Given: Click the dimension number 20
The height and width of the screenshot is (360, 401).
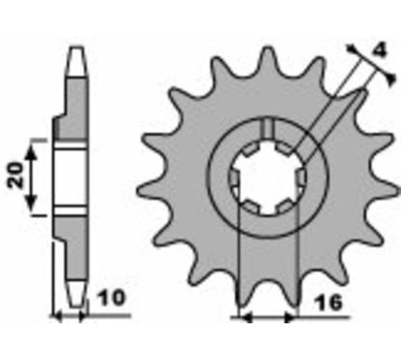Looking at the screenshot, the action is tap(17, 175).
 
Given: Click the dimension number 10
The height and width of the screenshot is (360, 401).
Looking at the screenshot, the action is tap(111, 298).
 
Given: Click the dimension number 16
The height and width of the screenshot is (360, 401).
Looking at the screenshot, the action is tap(328, 303).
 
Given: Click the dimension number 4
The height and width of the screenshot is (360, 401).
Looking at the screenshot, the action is tap(380, 50).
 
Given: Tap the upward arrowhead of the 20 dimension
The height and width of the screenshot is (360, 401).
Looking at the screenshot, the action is tap(31, 152).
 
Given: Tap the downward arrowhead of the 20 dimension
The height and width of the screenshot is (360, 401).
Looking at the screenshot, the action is tap(31, 203).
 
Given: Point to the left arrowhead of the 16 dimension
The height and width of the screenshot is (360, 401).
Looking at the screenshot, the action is tap(245, 318).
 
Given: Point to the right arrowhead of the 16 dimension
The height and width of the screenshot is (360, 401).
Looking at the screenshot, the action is tap(290, 318).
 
